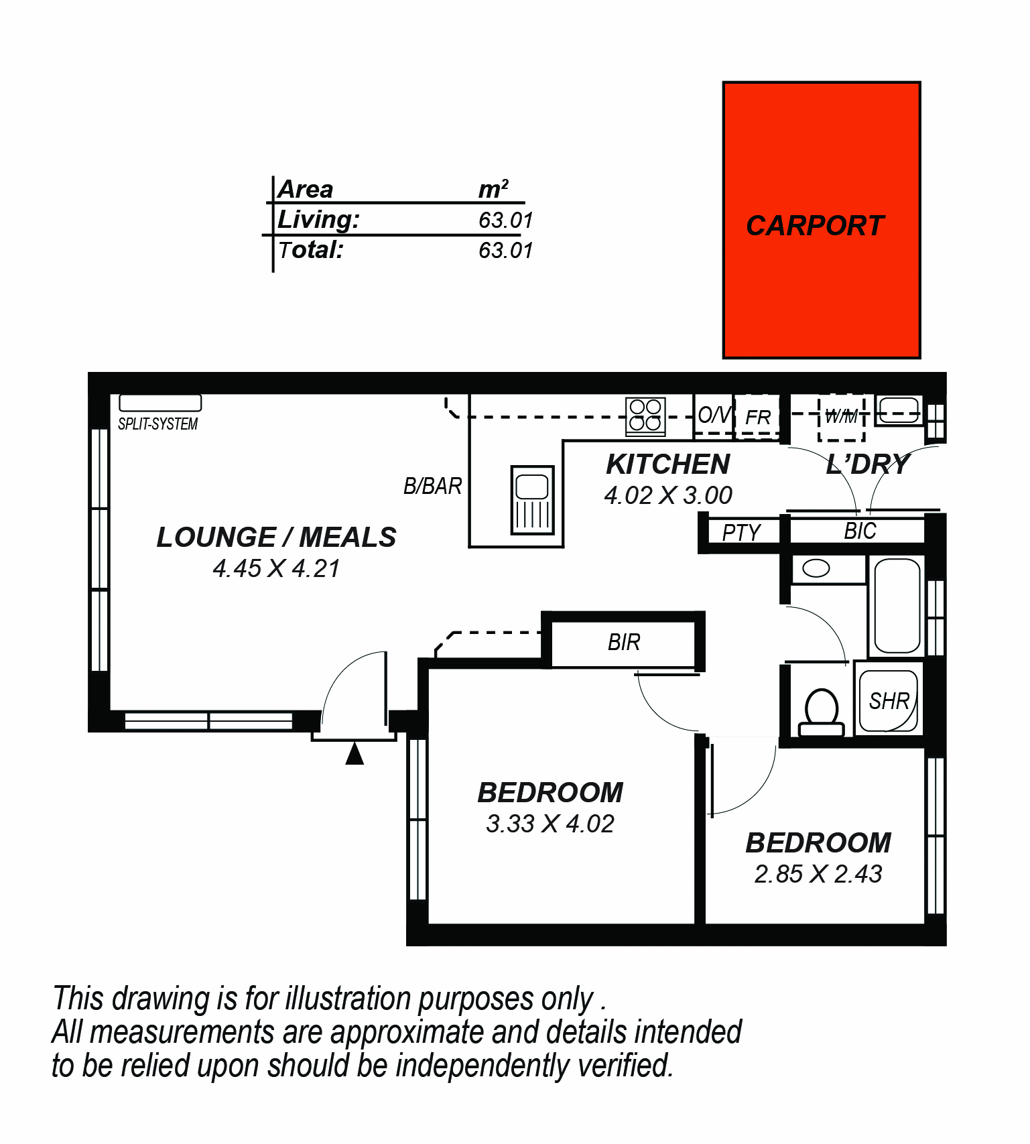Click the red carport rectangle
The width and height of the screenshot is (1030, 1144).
pyautogui.click(x=822, y=220)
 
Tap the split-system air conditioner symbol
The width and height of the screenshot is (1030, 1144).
pyautogui.click(x=160, y=403)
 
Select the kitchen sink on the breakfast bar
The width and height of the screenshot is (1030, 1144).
pyautogui.click(x=533, y=500)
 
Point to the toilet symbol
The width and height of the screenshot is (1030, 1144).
pyautogui.click(x=822, y=712)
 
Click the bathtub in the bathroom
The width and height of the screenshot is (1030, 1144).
pyautogui.click(x=897, y=606)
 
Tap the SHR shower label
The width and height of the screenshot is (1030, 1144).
pyautogui.click(x=889, y=701)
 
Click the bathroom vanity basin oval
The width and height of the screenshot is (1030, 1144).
pyautogui.click(x=816, y=569)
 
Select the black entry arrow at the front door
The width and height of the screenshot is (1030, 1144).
pyautogui.click(x=355, y=753)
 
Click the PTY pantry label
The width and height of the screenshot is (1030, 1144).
pyautogui.click(x=741, y=533)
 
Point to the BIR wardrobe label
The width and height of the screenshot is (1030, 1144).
pyautogui.click(x=624, y=642)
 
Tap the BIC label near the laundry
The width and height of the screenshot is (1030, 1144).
pyautogui.click(x=860, y=531)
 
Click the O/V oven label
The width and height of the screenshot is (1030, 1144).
pyautogui.click(x=714, y=415)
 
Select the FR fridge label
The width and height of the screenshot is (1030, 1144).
pyautogui.click(x=758, y=418)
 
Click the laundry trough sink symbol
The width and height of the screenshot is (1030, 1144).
pyautogui.click(x=899, y=409)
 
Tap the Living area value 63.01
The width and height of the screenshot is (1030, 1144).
pyautogui.click(x=505, y=220)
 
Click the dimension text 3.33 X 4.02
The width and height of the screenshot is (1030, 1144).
pyautogui.click(x=550, y=824)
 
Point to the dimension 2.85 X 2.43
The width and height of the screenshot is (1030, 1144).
pyautogui.click(x=818, y=874)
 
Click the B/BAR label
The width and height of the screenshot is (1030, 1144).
pyautogui.click(x=432, y=486)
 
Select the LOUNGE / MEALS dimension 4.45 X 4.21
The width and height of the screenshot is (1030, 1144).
pyautogui.click(x=276, y=568)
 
